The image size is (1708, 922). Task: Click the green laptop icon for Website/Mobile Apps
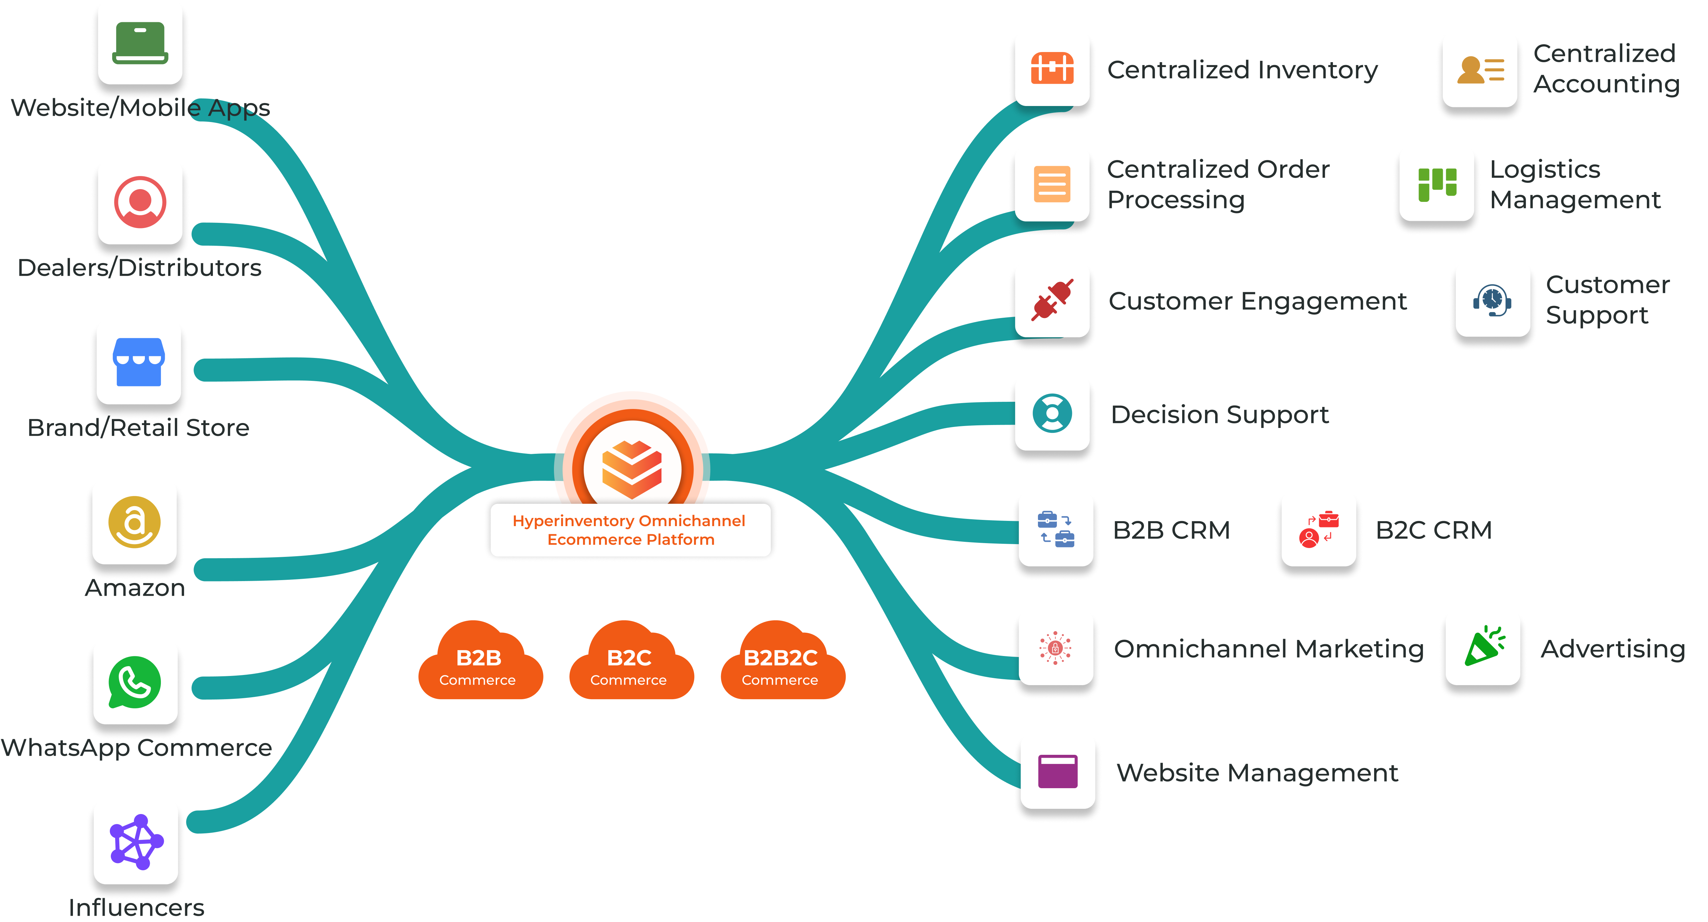coord(140,43)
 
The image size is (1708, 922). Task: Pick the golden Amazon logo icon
coord(135,522)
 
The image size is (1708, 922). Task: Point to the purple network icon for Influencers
coord(136,842)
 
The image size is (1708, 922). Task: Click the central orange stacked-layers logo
coord(632,469)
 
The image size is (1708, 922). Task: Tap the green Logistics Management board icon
coord(1437,184)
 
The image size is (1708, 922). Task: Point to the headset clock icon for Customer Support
coord(1492,300)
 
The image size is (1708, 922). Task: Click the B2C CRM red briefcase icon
coord(1319,529)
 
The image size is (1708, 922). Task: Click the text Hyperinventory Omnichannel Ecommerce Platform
coord(630,530)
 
